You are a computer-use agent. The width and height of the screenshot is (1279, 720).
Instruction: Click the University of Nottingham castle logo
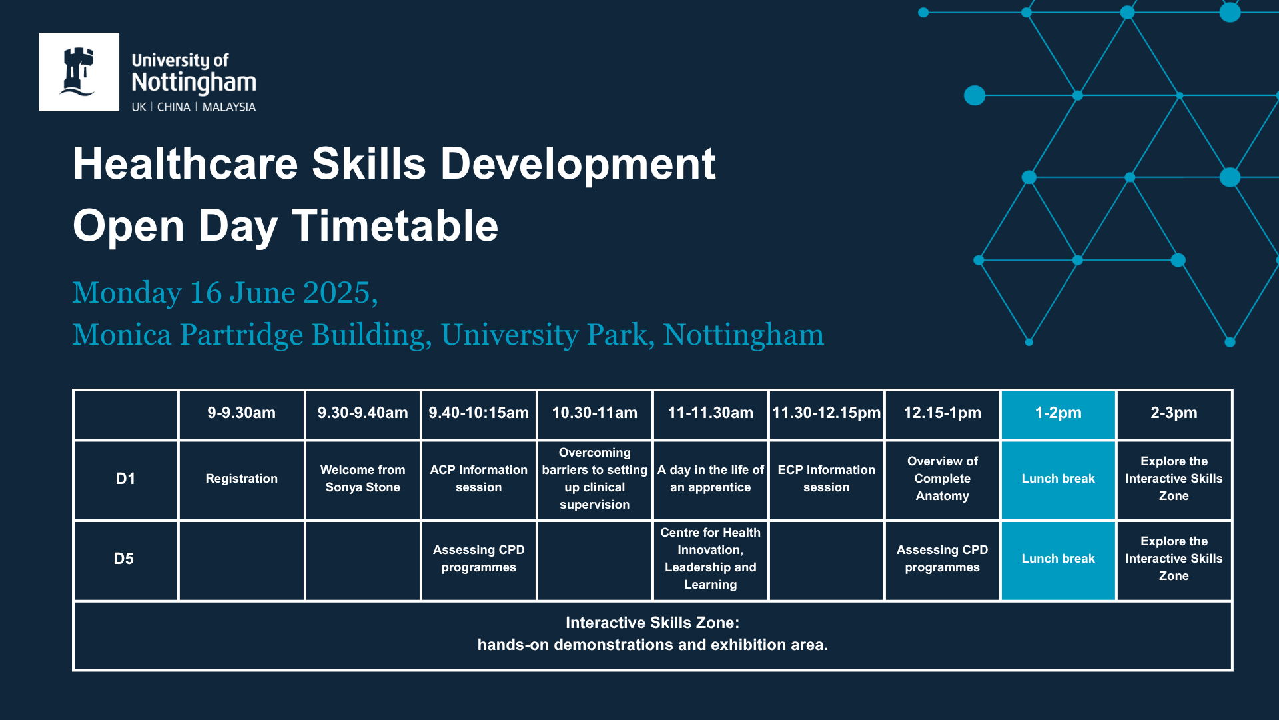pos(79,72)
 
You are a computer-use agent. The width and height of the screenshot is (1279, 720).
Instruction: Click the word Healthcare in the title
pos(185,163)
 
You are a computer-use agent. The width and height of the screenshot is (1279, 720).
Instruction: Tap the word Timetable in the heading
pos(395,225)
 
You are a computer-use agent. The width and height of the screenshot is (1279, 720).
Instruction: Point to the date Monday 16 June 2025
pos(225,293)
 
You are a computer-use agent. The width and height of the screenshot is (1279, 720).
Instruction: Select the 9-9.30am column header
pos(241,413)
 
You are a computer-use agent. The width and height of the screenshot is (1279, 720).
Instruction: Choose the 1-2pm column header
pos(1058,413)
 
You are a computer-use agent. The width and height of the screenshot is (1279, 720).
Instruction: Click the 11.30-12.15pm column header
pos(826,413)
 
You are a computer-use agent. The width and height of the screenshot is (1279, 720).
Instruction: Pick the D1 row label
pos(125,479)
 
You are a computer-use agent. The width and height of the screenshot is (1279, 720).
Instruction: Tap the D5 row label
pos(124,559)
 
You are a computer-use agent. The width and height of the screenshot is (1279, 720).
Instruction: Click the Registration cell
pos(241,479)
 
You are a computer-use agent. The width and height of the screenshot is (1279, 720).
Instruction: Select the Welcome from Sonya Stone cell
pos(362,479)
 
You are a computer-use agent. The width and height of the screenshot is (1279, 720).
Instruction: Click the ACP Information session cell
pos(478,479)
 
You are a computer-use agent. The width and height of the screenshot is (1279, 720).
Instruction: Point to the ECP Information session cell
pos(826,479)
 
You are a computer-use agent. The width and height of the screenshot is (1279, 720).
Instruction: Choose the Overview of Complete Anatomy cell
pos(942,479)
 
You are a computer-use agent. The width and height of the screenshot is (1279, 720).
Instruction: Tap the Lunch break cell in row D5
pos(1058,559)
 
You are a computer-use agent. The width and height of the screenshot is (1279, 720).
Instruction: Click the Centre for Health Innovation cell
pos(710,559)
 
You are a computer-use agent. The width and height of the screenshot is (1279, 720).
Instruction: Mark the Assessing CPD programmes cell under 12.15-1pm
pos(942,559)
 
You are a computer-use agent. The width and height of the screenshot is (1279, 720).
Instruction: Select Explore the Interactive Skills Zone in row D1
pos(1174,479)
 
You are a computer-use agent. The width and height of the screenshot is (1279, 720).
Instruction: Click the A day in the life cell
pos(710,479)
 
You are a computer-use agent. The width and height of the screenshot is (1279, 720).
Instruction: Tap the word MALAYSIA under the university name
pos(228,107)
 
